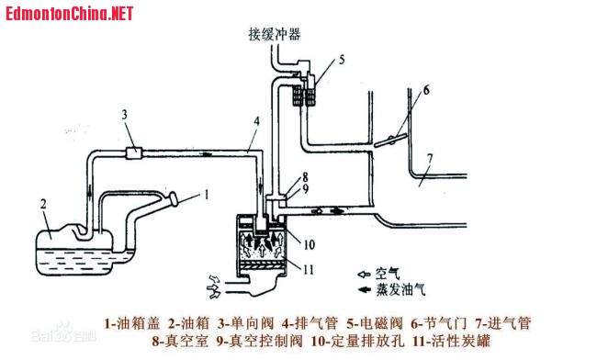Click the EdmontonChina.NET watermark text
click(x=69, y=14)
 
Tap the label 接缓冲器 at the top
click(x=275, y=34)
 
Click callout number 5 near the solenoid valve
click(x=341, y=60)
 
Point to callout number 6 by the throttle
click(x=426, y=90)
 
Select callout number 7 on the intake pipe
click(x=430, y=159)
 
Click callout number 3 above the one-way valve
click(x=125, y=115)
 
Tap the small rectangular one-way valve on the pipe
click(x=134, y=153)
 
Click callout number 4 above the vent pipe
click(x=257, y=122)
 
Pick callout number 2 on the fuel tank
click(x=43, y=205)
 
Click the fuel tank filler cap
click(x=174, y=199)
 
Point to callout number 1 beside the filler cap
click(x=207, y=196)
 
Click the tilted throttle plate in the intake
click(x=390, y=141)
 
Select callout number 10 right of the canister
click(x=309, y=244)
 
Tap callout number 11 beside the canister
click(x=309, y=269)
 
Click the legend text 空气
click(x=388, y=274)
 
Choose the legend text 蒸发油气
click(x=400, y=290)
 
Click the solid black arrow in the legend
click(x=365, y=290)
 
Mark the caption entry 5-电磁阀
click(x=374, y=323)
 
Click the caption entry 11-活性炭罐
click(x=451, y=341)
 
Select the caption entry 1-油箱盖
click(x=131, y=323)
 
